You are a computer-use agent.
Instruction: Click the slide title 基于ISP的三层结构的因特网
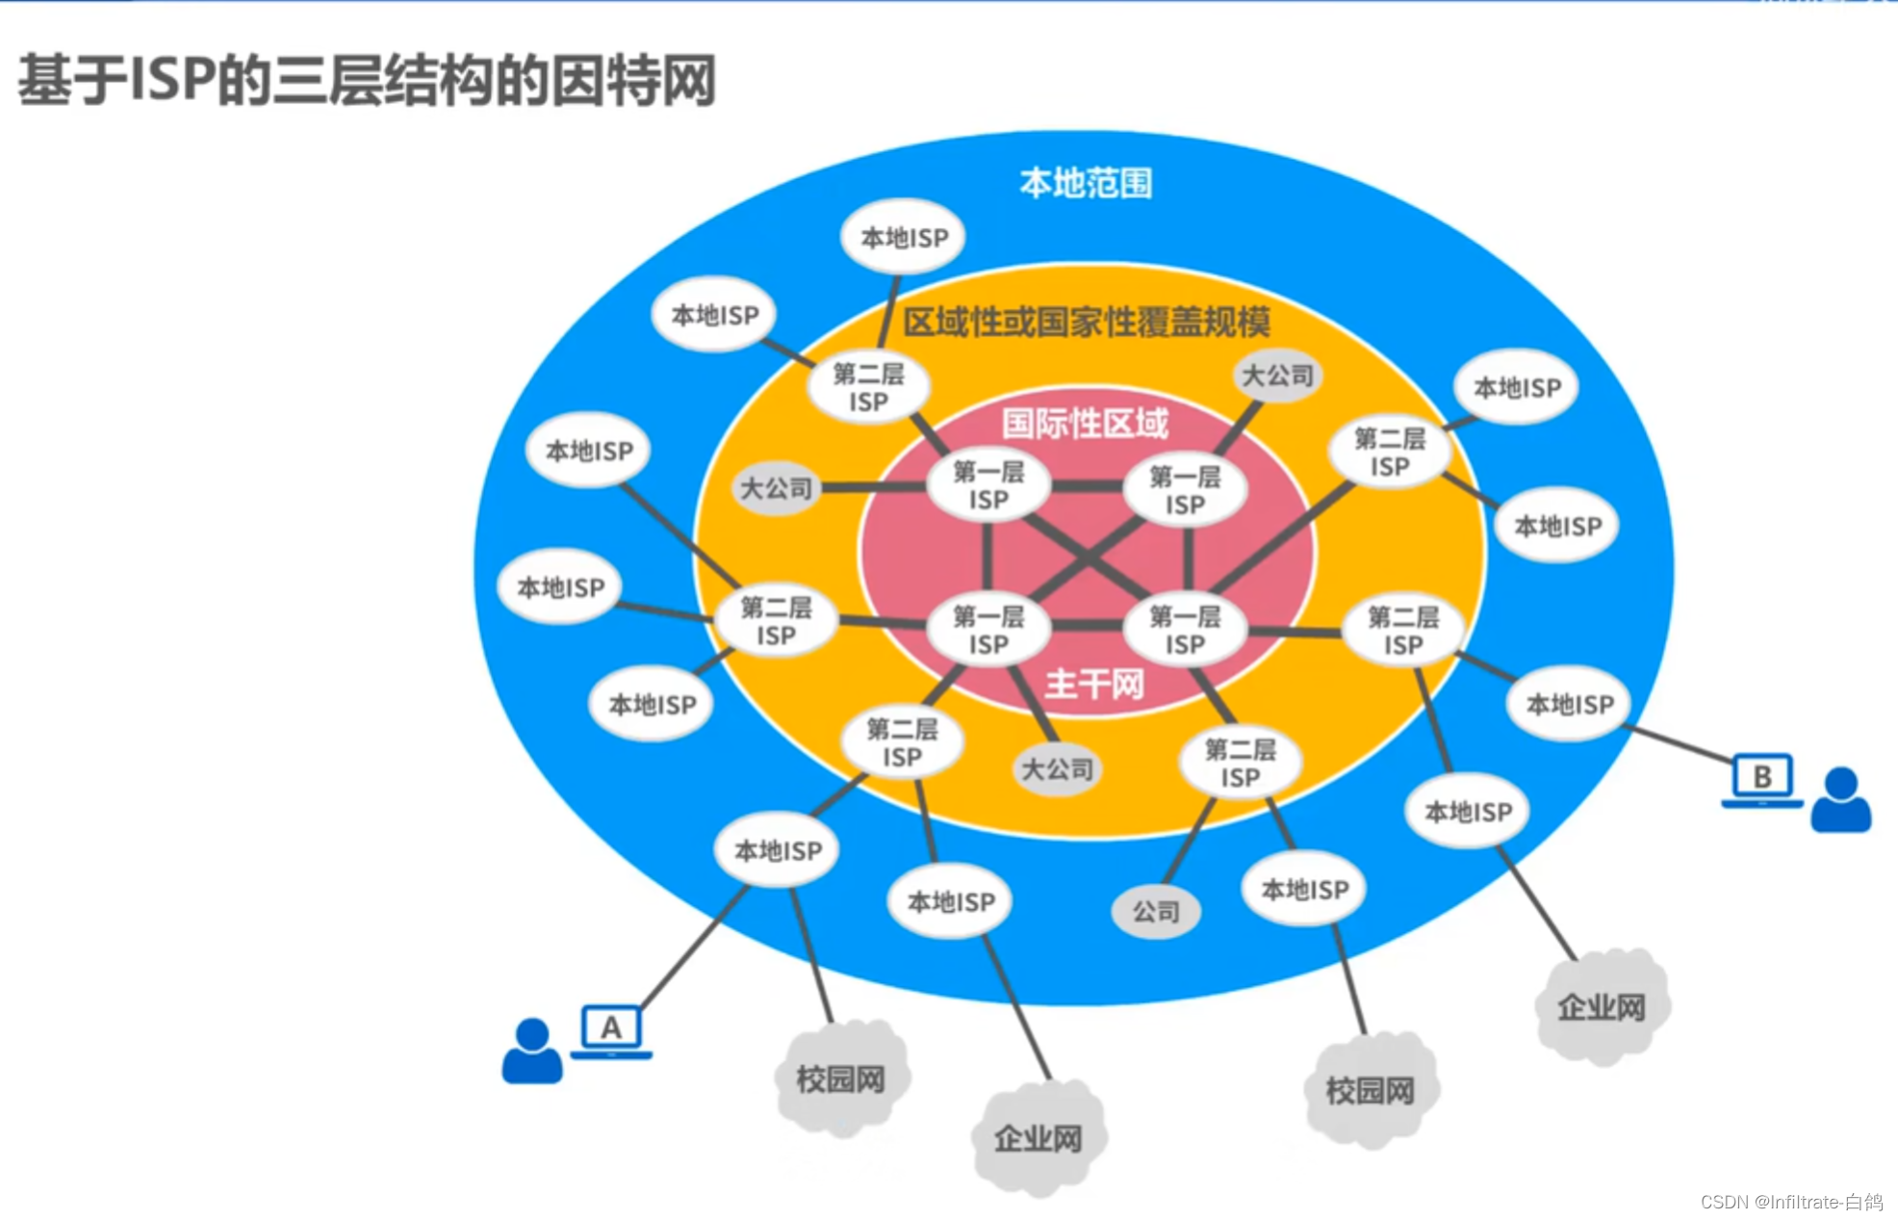367,80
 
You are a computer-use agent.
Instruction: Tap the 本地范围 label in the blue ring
1085,183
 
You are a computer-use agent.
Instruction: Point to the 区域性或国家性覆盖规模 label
1086,322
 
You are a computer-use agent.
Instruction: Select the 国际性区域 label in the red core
1085,423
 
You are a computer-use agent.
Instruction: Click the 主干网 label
1094,685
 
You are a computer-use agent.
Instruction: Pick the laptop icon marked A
611,1029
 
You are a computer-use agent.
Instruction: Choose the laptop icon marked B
1761,778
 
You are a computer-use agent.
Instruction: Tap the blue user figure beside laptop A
532,1051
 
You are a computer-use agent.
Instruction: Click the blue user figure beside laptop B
1840,799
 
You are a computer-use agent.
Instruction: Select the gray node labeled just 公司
1155,911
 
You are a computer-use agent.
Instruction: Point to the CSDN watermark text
1791,1202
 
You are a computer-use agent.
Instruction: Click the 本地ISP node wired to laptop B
1570,705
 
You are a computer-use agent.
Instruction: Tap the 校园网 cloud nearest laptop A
840,1079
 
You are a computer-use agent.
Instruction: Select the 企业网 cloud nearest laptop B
1602,1007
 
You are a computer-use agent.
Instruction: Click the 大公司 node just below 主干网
1057,769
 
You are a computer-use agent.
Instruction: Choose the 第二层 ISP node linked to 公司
1240,763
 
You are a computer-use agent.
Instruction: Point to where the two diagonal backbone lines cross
1087,558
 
